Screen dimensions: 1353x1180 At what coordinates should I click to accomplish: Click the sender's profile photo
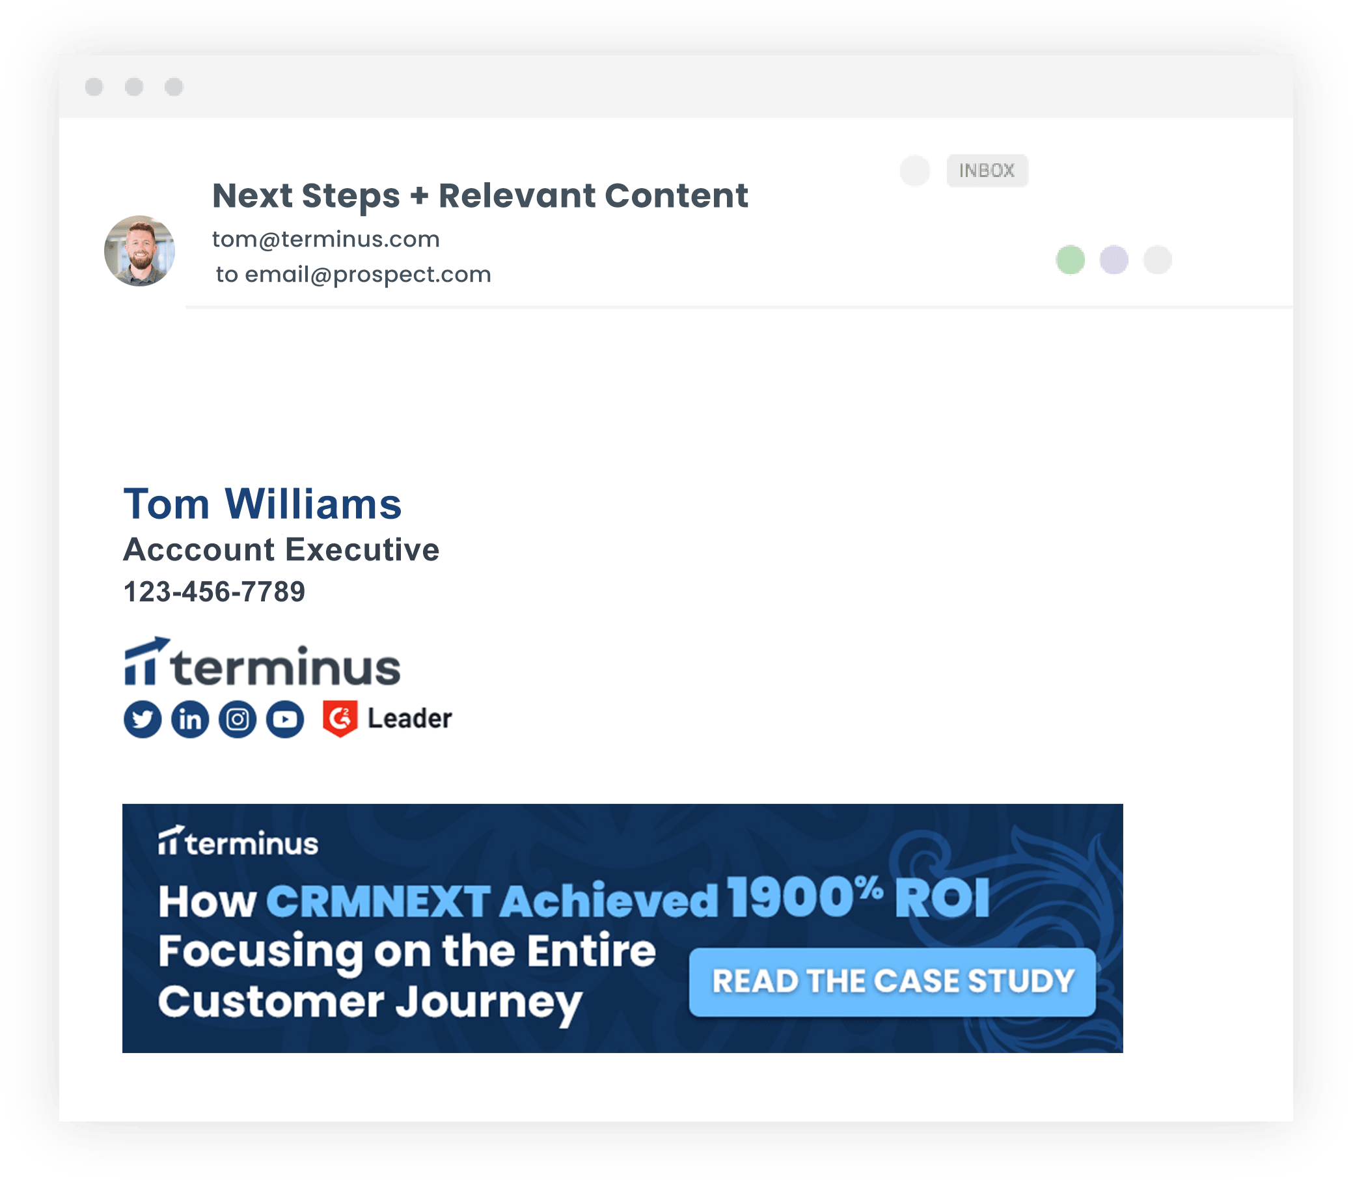coord(139,251)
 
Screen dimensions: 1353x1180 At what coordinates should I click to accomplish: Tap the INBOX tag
coord(987,171)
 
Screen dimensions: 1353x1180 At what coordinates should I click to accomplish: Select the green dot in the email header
coord(1071,260)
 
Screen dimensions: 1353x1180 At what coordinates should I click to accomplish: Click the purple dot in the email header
coord(1114,260)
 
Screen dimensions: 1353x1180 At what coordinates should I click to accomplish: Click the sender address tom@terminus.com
coord(326,239)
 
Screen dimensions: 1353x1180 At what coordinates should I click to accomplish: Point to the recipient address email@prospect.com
coord(368,275)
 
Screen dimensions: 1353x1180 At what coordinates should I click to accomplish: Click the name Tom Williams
coord(263,504)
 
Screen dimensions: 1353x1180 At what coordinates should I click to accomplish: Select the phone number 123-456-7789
coord(215,592)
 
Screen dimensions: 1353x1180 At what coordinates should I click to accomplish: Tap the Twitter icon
coord(143,719)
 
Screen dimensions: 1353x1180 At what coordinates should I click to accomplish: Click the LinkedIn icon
coord(190,719)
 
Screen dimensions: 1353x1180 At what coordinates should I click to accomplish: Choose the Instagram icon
coord(238,719)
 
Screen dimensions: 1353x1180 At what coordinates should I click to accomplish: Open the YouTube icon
coord(285,719)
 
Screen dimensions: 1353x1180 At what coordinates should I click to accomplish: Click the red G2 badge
coord(340,719)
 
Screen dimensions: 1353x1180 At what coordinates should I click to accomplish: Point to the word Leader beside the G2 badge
coord(409,719)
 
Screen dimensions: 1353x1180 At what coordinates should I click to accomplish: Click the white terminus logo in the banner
coord(238,841)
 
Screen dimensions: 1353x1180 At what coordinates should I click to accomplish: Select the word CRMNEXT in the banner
coord(379,900)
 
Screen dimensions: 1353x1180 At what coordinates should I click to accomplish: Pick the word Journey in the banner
coord(489,1004)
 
